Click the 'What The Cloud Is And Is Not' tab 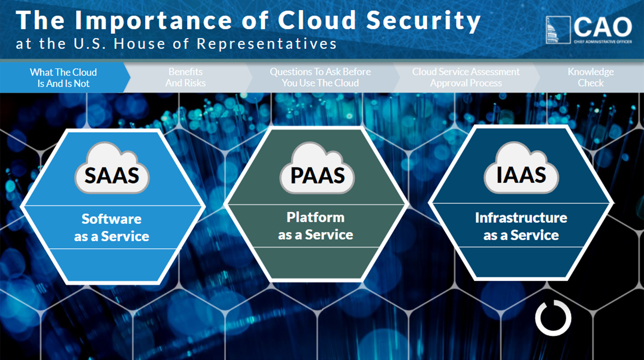(63, 78)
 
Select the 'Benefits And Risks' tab (186, 77)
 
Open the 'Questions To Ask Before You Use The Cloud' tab (320, 77)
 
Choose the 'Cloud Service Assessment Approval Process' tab (466, 77)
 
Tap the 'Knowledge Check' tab (591, 77)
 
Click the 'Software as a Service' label (112, 227)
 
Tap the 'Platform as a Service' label (315, 226)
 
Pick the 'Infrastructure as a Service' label (521, 226)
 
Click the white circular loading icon (553, 318)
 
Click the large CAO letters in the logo (603, 27)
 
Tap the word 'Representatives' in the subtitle (267, 44)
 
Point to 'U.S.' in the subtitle (90, 44)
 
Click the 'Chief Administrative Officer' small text (603, 42)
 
